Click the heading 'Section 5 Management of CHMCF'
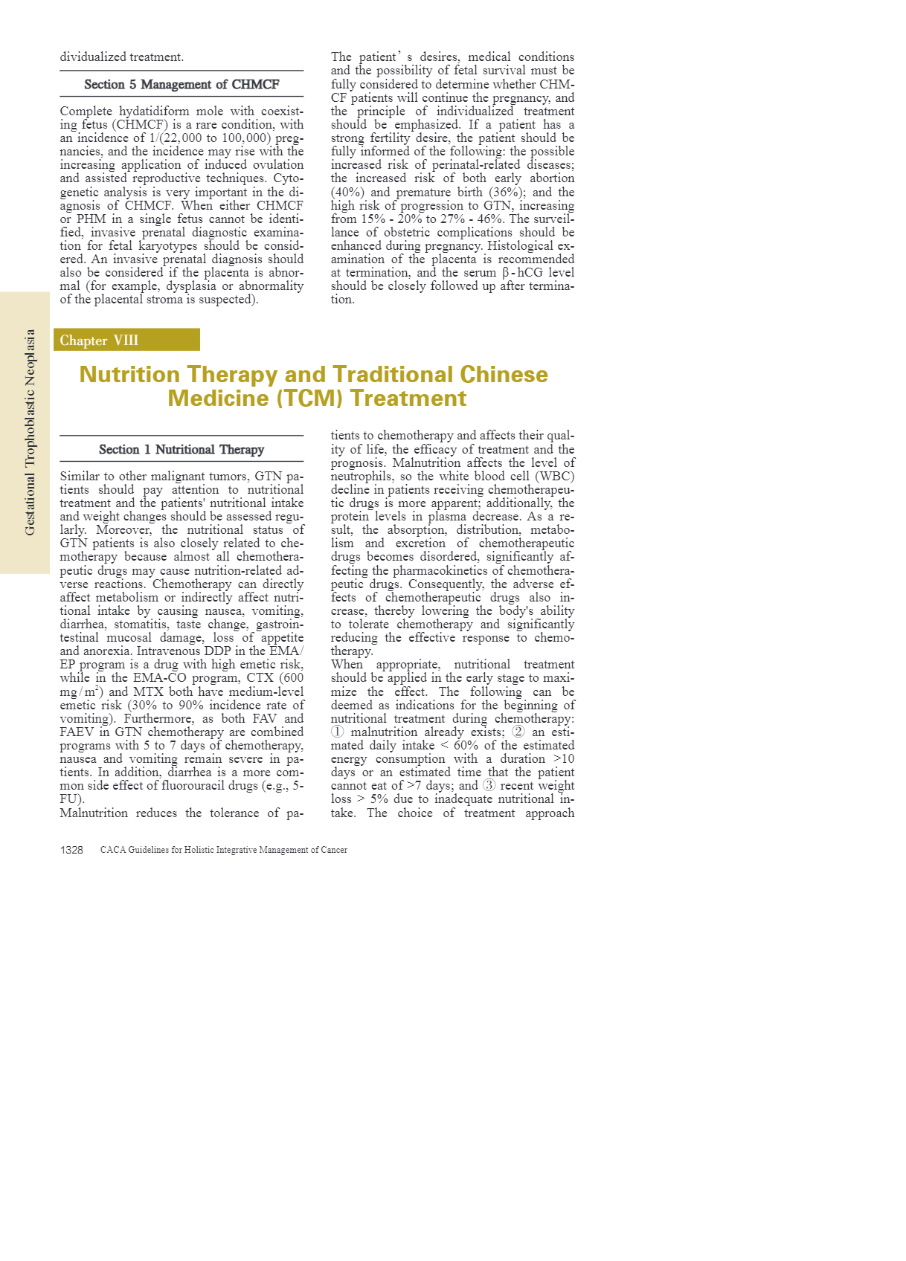tap(181, 84)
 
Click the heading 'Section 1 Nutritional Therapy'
tap(181, 449)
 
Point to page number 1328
tap(71, 850)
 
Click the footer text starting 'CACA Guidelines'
tap(223, 850)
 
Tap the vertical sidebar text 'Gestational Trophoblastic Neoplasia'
tap(30, 432)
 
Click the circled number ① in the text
tap(338, 732)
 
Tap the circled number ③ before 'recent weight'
tap(489, 786)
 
